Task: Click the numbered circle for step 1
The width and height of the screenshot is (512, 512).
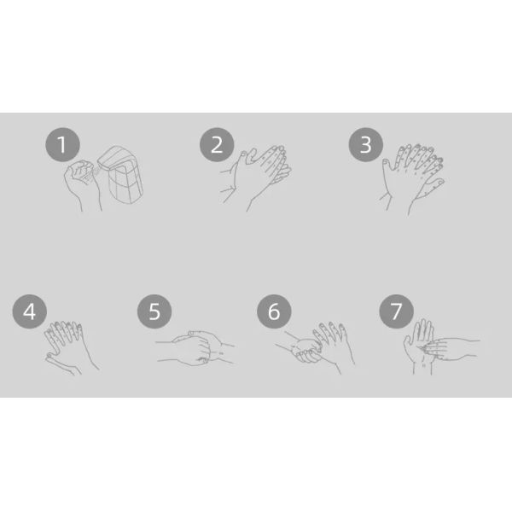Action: point(62,145)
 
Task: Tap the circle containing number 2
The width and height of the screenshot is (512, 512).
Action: point(217,145)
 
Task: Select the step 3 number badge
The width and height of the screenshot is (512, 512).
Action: point(366,145)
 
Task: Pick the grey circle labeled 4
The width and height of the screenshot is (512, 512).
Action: point(29,311)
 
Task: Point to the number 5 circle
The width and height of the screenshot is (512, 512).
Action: point(154,311)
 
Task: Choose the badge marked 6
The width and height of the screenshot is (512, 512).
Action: point(274,311)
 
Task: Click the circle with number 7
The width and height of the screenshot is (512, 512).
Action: point(396,311)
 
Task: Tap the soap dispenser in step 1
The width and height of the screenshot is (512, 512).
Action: point(121,175)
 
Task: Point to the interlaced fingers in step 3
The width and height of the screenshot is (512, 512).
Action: point(412,179)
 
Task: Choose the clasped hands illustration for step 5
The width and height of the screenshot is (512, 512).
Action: point(195,348)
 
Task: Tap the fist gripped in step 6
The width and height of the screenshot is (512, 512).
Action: point(306,352)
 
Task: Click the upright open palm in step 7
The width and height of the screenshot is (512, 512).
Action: point(420,346)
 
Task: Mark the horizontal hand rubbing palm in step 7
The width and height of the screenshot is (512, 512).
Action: point(451,349)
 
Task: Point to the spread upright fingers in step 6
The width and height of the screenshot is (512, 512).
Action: point(330,335)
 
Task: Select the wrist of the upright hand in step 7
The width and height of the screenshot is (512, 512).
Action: point(422,366)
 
